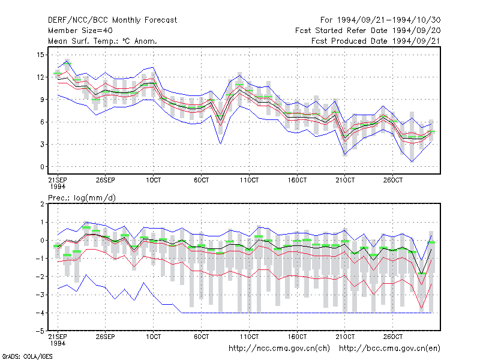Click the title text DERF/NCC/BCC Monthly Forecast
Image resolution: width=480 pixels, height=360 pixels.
pyautogui.click(x=112, y=20)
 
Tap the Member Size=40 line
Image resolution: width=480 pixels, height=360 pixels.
pyautogui.click(x=80, y=31)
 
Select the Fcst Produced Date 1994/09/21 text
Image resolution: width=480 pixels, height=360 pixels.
pyautogui.click(x=376, y=41)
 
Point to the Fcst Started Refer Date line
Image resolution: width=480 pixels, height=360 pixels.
pyautogui.click(x=368, y=31)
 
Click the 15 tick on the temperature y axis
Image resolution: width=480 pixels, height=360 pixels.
pyautogui.click(x=41, y=55)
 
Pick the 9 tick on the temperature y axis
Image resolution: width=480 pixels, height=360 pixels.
pyautogui.click(x=41, y=100)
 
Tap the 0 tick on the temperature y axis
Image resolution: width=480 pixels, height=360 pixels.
pyautogui.click(x=42, y=167)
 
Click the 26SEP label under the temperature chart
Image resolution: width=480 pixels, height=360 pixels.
pyautogui.click(x=106, y=180)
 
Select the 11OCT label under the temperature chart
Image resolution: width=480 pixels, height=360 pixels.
pyautogui.click(x=249, y=180)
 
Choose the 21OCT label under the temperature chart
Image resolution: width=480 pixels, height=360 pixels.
pyautogui.click(x=345, y=180)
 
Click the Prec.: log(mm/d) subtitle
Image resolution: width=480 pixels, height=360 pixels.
pyautogui.click(x=82, y=198)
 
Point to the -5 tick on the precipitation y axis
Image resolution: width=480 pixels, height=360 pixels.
pyautogui.click(x=40, y=331)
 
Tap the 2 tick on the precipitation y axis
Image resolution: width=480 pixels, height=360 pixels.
pyautogui.click(x=42, y=204)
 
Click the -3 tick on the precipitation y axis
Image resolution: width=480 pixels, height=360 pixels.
pyautogui.click(x=40, y=295)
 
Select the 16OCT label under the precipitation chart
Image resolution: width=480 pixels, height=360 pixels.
pyautogui.click(x=297, y=337)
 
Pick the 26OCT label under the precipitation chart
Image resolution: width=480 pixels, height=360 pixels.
pyautogui.click(x=393, y=337)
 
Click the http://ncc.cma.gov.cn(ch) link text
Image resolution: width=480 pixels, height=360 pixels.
pyautogui.click(x=279, y=349)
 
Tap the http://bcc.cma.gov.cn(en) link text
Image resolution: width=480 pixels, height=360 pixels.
pyautogui.click(x=389, y=349)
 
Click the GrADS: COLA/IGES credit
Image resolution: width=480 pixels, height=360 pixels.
pyautogui.click(x=27, y=356)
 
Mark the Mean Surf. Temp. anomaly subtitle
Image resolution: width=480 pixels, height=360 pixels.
pyautogui.click(x=103, y=41)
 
